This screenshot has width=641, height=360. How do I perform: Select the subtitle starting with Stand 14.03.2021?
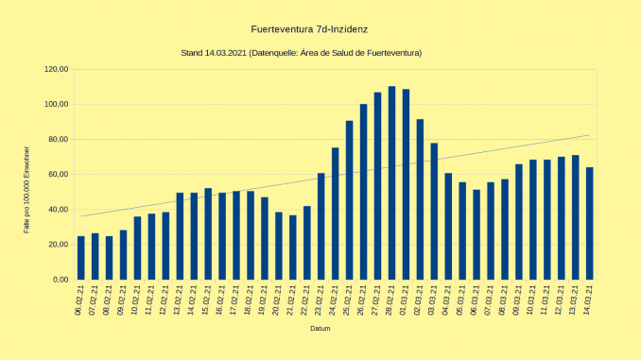pyautogui.click(x=301, y=53)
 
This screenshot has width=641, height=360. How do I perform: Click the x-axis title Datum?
pyautogui.click(x=320, y=329)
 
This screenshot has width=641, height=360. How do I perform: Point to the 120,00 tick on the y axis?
pyautogui.click(x=57, y=69)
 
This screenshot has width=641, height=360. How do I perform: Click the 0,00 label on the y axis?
pyautogui.click(x=61, y=280)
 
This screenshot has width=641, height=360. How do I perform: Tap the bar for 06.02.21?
pyautogui.click(x=80, y=258)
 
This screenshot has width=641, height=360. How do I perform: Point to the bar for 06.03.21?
pyautogui.click(x=476, y=235)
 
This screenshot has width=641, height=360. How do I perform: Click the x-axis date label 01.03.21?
pyautogui.click(x=407, y=300)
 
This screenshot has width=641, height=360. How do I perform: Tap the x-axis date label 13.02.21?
pyautogui.click(x=181, y=300)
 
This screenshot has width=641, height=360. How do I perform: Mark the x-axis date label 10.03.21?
pyautogui.click(x=533, y=300)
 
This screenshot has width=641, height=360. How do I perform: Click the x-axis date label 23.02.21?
pyautogui.click(x=321, y=300)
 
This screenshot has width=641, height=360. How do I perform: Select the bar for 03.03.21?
pyautogui.click(x=434, y=212)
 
